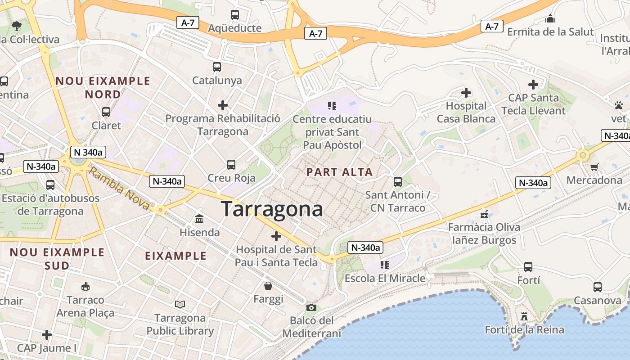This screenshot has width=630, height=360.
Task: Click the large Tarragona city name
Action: (x=272, y=209)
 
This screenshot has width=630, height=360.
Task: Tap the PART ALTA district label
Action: (x=340, y=172)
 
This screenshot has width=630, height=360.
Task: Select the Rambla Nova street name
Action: (x=119, y=189)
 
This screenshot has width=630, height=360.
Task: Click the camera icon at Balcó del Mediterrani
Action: (x=311, y=307)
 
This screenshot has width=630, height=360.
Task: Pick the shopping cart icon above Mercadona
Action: (x=594, y=167)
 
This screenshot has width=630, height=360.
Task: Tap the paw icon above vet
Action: (x=619, y=105)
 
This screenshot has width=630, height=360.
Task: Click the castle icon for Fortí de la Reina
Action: (x=524, y=316)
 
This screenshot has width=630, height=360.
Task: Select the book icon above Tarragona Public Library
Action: (x=180, y=305)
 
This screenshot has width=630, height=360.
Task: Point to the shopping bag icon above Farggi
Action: (x=268, y=286)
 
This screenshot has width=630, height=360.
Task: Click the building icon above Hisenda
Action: (x=199, y=219)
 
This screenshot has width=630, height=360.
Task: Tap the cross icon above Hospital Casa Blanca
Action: (x=466, y=93)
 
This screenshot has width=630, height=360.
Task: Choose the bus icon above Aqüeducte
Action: (x=234, y=15)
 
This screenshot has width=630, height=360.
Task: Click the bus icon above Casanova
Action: (x=597, y=287)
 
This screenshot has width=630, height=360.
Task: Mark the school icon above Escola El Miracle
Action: (x=384, y=265)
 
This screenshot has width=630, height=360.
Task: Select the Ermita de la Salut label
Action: (x=551, y=32)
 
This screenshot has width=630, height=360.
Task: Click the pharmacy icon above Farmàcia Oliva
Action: (x=484, y=214)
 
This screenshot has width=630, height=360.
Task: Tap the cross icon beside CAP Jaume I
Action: (x=46, y=335)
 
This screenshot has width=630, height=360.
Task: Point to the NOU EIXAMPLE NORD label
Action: (x=103, y=88)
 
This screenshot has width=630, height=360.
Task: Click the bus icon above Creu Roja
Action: (x=231, y=165)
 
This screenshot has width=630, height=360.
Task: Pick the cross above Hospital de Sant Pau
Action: (x=276, y=236)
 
